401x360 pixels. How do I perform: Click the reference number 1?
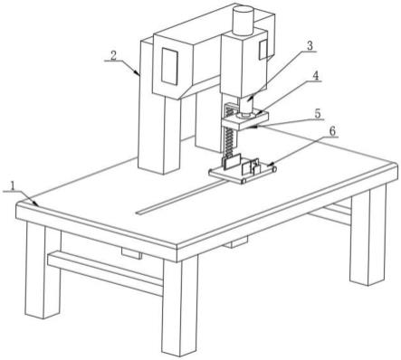pyautogui.click(x=13, y=186)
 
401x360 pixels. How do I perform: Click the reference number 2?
pyautogui.click(x=113, y=56)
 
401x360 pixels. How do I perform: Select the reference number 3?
pyautogui.click(x=310, y=46)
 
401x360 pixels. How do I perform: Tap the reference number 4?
pyautogui.click(x=315, y=76)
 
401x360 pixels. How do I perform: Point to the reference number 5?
pyautogui.click(x=317, y=114)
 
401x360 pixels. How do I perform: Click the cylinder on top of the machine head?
pyautogui.click(x=243, y=21)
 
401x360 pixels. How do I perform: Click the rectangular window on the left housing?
pyautogui.click(x=169, y=66)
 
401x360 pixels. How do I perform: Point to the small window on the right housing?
pyautogui.click(x=263, y=49)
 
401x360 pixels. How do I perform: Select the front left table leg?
pyautogui.click(x=43, y=270)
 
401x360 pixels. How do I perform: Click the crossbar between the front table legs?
pyautogui.click(x=106, y=272)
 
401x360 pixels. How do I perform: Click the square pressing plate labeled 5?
pyautogui.click(x=245, y=120)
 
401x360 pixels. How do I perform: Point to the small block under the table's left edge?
pyautogui.click(x=131, y=252)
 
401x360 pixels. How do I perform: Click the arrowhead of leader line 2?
pyautogui.click(x=138, y=73)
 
